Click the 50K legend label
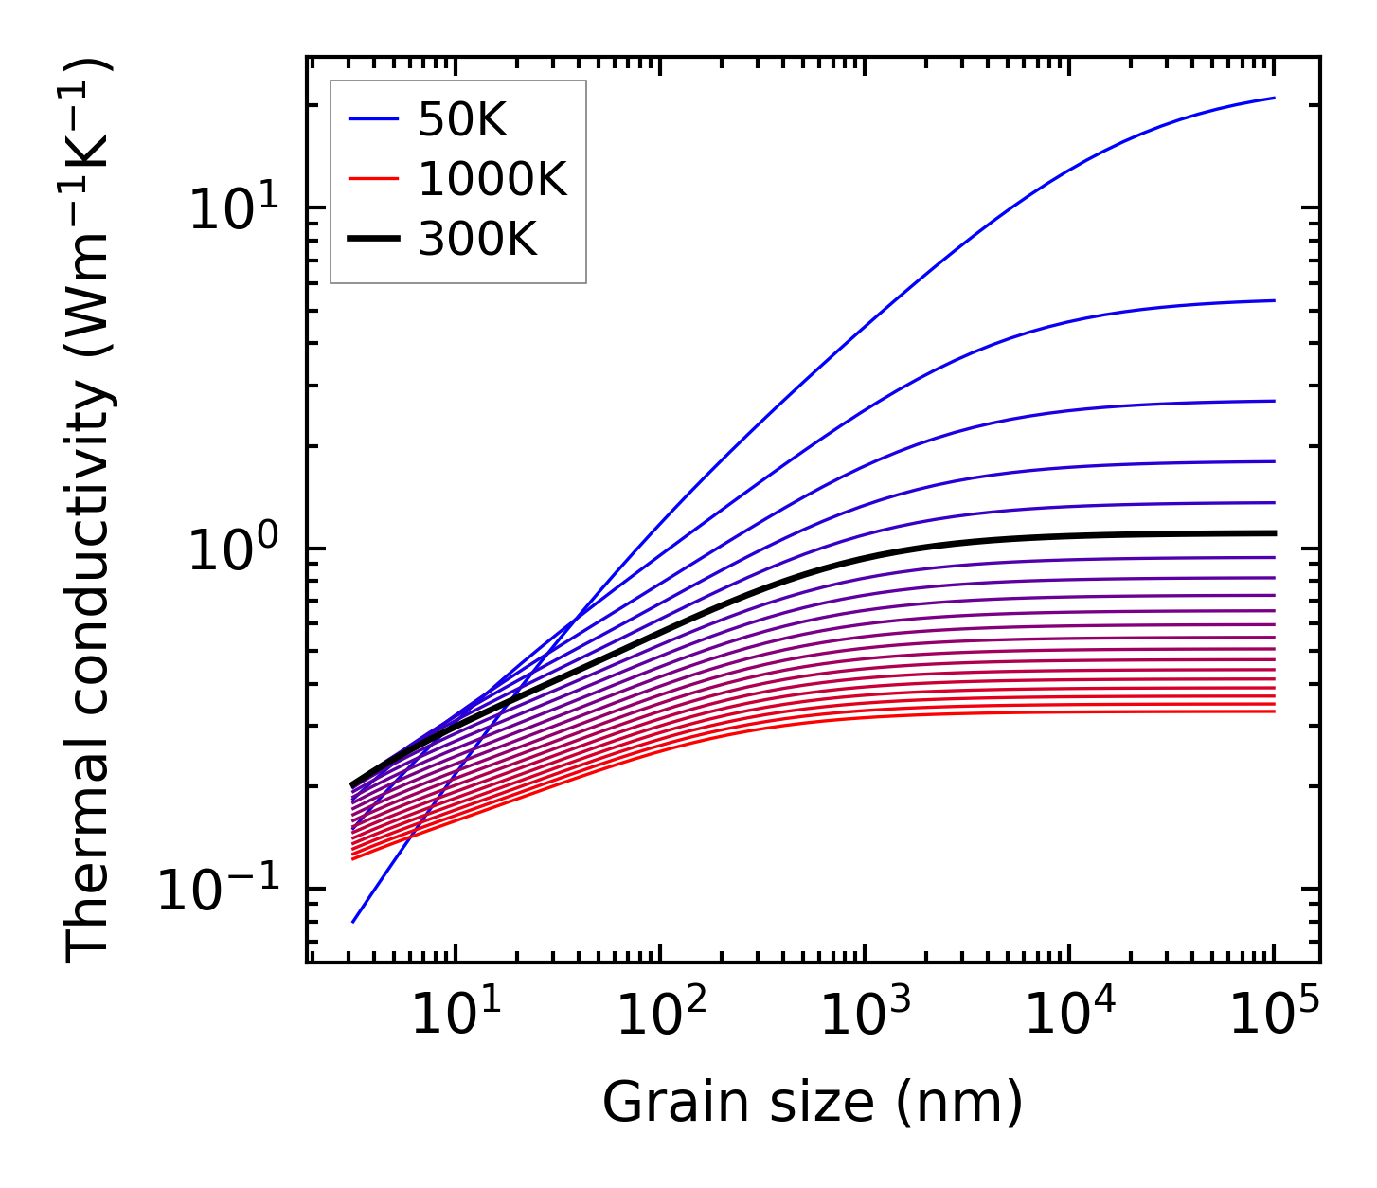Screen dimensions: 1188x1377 point(462,120)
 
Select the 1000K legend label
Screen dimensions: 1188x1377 point(492,180)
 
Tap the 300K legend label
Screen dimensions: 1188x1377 point(477,240)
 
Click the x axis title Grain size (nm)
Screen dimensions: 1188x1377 point(813,1104)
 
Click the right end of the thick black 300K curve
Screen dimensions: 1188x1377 point(1275,533)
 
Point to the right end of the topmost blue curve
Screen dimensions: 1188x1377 point(1275,98)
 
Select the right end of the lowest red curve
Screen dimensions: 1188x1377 point(1275,711)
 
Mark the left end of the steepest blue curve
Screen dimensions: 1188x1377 point(352,922)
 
